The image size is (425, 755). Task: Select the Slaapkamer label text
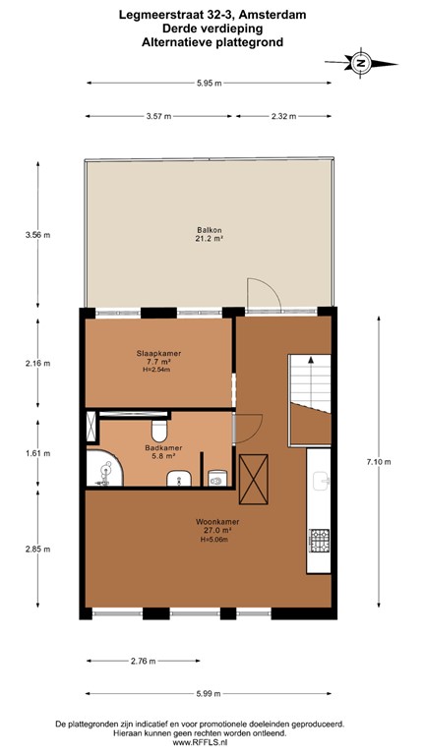158,360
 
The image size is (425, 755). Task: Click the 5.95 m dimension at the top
209,84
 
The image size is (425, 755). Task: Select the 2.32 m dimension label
284,116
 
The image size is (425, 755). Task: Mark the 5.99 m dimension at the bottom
211,691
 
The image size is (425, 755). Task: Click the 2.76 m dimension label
144,661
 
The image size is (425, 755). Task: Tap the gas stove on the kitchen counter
320,539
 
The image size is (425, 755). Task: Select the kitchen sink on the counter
320,482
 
